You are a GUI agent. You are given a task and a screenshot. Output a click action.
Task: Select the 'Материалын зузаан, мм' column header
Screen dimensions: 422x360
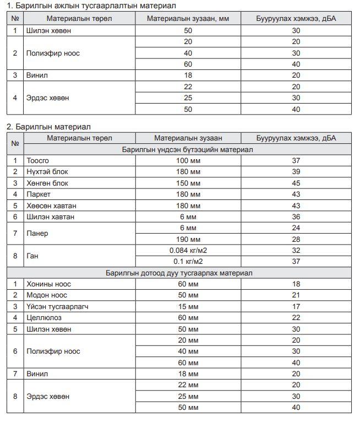click(x=188, y=19)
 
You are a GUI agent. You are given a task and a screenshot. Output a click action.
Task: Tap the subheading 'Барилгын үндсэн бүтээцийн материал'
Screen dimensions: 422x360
click(x=188, y=149)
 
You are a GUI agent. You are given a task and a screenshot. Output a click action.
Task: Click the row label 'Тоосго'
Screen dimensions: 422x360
click(x=38, y=160)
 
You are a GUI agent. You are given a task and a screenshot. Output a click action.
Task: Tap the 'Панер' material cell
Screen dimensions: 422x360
click(x=37, y=234)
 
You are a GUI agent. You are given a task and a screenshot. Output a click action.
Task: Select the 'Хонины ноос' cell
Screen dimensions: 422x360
click(x=48, y=284)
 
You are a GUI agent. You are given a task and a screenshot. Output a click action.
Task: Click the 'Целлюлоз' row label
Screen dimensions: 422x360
click(x=43, y=318)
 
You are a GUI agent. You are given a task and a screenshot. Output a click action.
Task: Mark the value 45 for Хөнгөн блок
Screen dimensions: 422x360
click(x=296, y=183)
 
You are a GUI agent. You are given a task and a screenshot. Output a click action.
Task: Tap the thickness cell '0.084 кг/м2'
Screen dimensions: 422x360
click(x=188, y=250)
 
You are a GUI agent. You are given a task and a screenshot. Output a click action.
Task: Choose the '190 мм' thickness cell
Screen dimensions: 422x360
click(x=188, y=239)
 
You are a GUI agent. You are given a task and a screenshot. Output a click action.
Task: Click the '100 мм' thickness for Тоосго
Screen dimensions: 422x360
click(x=188, y=160)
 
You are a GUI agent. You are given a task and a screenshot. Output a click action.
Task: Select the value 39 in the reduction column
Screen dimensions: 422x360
click(x=296, y=172)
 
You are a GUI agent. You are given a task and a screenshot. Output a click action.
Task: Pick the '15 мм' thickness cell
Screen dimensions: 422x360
click(x=188, y=307)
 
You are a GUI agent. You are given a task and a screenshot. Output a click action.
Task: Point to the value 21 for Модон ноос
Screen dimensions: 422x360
click(x=296, y=295)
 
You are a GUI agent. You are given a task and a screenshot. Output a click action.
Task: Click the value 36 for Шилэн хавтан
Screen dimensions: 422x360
click(x=296, y=217)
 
